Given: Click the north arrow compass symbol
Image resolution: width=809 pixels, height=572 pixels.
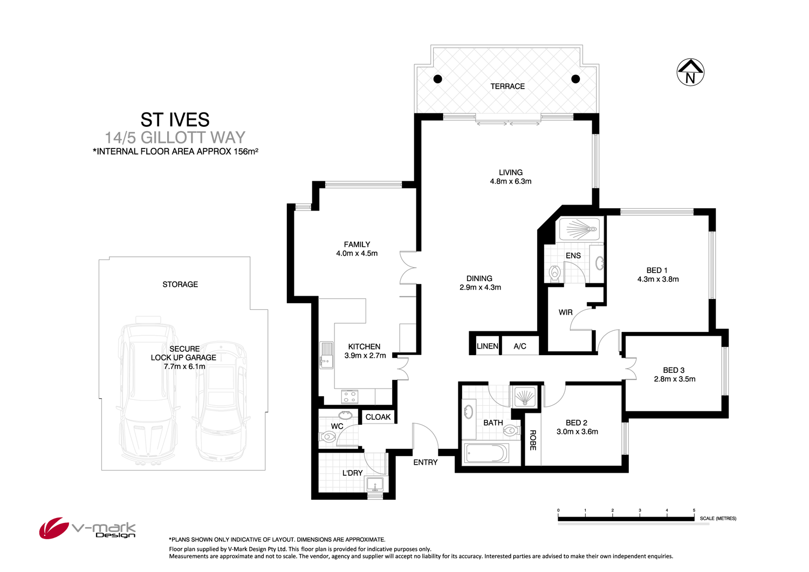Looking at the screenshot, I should point(690,72).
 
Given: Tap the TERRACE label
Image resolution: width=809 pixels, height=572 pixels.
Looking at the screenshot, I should point(508,86).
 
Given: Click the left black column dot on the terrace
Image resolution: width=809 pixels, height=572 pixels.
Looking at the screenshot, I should point(438,79).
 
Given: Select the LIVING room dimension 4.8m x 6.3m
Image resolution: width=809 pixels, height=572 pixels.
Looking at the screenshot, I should point(510,181).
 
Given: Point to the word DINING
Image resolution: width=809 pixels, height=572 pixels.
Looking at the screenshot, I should point(479,278).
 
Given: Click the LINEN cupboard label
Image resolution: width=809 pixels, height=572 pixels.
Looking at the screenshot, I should point(487,346).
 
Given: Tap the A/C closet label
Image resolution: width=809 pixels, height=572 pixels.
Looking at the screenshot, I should point(520,346).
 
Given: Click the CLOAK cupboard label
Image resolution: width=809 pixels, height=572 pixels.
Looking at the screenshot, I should point(378,417).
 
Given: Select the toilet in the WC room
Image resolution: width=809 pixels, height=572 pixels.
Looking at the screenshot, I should point(327,436).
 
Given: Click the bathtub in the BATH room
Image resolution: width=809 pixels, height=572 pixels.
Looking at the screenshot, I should point(486,453).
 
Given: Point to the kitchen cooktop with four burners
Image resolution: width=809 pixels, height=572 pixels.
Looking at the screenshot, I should point(349,397).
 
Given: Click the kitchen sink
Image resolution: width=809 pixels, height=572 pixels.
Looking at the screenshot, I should point(326,355).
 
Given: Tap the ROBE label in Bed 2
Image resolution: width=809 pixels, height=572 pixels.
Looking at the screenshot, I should point(533,440).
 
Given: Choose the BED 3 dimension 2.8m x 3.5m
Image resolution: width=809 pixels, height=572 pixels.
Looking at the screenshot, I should point(674,379).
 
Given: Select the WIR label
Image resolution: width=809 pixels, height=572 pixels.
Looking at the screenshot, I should point(565,312).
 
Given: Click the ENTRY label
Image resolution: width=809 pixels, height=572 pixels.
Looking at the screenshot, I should point(426,462).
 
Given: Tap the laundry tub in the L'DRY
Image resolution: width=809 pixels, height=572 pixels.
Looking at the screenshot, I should point(375,484).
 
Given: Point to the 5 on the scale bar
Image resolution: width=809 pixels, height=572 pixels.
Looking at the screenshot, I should point(694,510).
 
